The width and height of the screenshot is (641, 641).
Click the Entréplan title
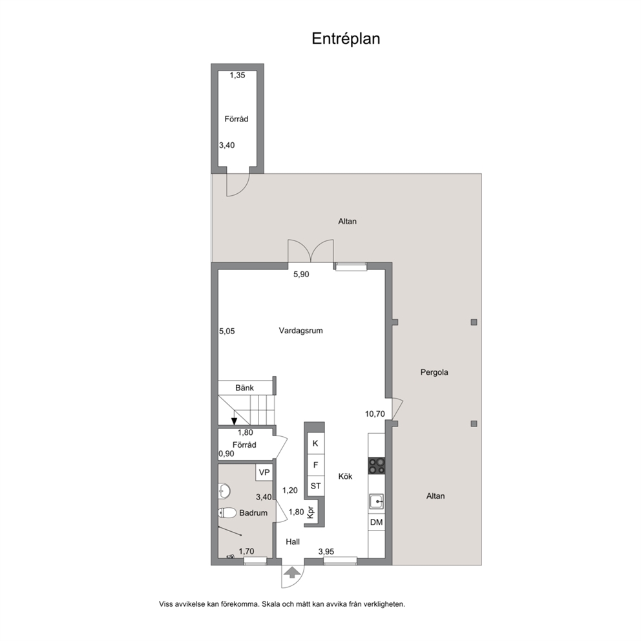(346, 38)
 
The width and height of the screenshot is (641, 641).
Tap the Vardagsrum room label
(301, 330)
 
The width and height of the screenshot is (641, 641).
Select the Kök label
(346, 476)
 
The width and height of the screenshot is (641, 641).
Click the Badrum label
(253, 512)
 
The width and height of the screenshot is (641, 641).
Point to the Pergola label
(434, 372)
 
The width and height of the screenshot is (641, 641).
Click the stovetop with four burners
(377, 465)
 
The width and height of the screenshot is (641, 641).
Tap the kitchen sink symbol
(377, 501)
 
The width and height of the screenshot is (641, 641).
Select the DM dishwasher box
(377, 522)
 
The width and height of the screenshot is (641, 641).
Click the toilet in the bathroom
(227, 512)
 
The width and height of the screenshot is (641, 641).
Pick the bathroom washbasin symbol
(224, 490)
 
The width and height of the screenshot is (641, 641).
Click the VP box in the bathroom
(264, 472)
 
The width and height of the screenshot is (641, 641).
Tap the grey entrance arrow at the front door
(292, 573)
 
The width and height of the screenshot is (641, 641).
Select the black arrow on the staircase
(235, 421)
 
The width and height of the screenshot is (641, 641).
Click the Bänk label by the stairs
(244, 388)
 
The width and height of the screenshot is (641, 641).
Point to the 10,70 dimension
(375, 414)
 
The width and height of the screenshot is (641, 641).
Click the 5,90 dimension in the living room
(301, 275)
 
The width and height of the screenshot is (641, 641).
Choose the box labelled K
(315, 443)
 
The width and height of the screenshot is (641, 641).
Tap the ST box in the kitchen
(315, 486)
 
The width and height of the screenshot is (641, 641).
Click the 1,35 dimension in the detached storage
(237, 75)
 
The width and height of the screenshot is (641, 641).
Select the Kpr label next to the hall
(311, 512)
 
